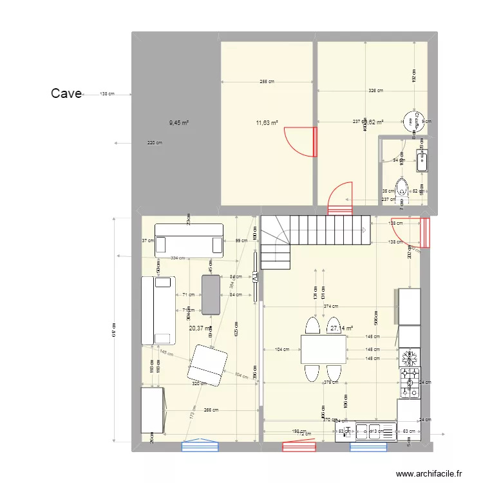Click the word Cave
coord(66,93)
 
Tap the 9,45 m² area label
coord(179,122)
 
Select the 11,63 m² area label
coord(267,122)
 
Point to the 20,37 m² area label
coord(200,328)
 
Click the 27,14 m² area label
coord(342,328)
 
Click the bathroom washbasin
coord(422,160)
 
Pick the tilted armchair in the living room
coord(207,365)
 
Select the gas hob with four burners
coord(409,381)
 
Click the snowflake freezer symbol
coord(409,357)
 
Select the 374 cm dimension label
coord(331,307)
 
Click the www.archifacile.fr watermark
coord(429,473)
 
